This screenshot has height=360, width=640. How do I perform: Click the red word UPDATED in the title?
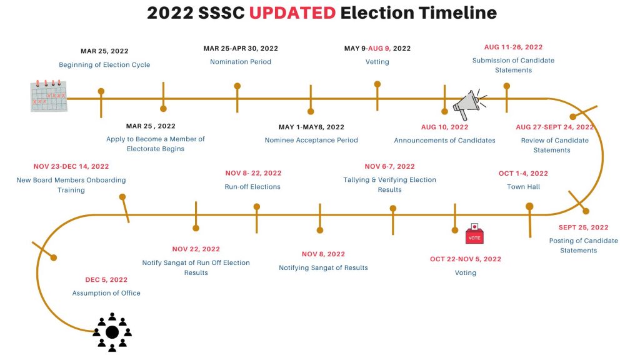pos(292,13)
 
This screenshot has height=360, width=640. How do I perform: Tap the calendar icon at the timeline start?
pos(49,96)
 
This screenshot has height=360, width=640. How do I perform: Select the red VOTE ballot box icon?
pos(474,234)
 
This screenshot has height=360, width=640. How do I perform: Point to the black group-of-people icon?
pos(112,332)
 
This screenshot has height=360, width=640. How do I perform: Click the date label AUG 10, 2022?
pos(444,127)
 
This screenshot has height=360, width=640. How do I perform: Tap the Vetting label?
pos(377,62)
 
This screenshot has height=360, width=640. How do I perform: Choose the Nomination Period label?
pos(241,62)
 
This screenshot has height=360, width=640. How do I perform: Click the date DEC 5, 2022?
pos(106,279)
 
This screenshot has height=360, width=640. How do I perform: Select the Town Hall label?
pos(523,186)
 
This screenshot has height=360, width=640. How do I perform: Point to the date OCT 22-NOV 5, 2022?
pos(465,259)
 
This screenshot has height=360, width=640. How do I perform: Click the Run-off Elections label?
pos(252,186)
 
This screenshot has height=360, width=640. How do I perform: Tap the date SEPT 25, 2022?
pos(583,227)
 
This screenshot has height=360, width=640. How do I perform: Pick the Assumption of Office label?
pos(106,293)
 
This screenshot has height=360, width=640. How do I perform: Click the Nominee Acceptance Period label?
pos(311,140)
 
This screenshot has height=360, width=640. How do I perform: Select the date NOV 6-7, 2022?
pos(389,166)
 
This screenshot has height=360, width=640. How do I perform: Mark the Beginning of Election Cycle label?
pos(104,64)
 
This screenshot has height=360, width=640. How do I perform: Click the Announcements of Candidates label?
pos(444,141)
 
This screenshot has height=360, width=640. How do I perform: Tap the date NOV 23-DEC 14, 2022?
pos(71,166)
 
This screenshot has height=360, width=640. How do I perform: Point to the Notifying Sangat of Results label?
pos(323,267)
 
